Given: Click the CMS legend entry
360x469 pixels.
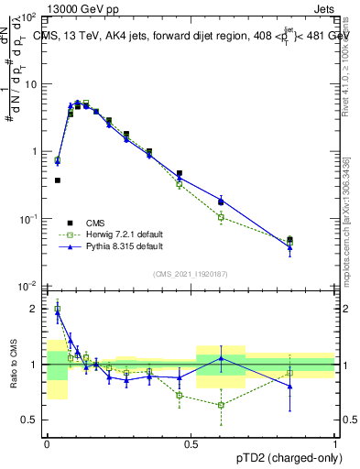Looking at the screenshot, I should (94, 223).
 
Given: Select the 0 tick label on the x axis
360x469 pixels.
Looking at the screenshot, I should (47, 444).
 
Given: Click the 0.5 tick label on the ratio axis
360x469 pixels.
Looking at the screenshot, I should (29, 420).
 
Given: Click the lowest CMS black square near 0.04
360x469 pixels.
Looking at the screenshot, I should (58, 180).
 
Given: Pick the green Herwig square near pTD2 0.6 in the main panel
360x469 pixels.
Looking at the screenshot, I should (221, 217).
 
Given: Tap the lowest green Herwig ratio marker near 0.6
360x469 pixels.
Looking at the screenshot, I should (221, 405).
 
